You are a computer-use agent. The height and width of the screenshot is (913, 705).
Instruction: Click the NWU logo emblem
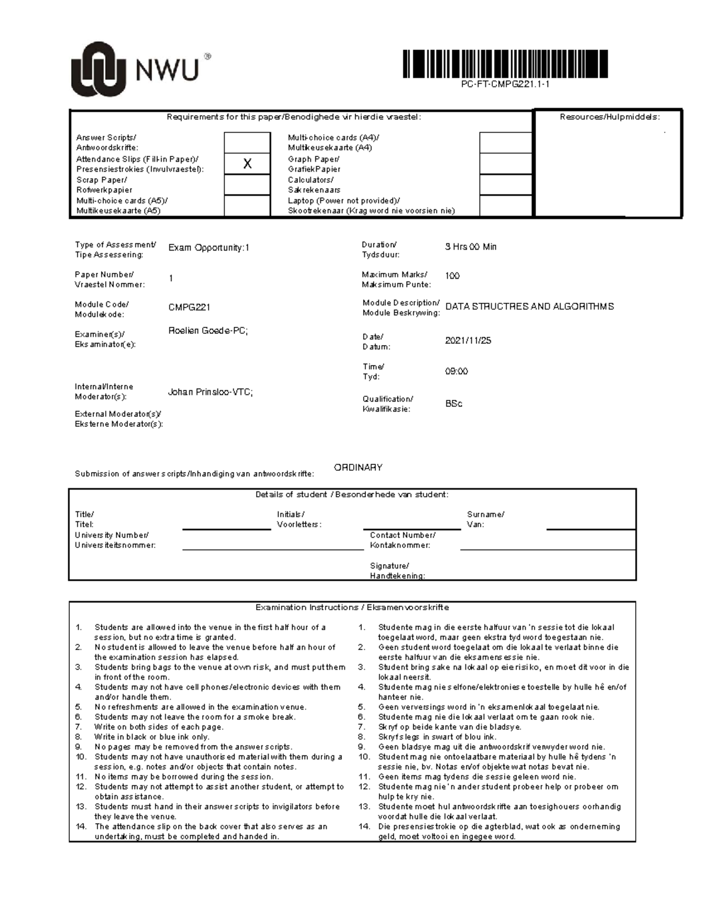click(x=98, y=69)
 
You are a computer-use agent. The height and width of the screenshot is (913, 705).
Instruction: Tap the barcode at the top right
click(x=505, y=64)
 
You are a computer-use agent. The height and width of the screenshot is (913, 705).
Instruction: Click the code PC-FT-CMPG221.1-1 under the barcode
click(x=505, y=85)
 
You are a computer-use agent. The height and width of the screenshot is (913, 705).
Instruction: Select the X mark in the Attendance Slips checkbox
click(x=247, y=164)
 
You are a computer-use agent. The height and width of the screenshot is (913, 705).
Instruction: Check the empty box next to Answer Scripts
click(x=247, y=142)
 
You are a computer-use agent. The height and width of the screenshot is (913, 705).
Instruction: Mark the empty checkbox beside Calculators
click(x=505, y=185)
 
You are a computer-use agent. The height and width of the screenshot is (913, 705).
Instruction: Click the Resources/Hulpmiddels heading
click(x=609, y=117)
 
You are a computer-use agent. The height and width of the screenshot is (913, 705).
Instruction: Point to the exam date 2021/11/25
click(x=468, y=340)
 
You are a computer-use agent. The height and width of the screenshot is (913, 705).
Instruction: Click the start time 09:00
click(x=456, y=372)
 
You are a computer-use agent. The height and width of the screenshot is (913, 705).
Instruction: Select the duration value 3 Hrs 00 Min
click(x=471, y=247)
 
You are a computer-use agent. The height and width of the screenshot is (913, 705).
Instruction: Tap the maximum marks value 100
click(x=452, y=276)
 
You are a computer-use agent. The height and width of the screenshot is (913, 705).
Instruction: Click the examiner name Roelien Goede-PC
click(x=208, y=331)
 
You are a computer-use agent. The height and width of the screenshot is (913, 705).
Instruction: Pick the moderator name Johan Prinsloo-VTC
click(x=210, y=392)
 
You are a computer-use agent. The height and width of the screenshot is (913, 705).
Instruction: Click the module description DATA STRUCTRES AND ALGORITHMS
click(x=529, y=306)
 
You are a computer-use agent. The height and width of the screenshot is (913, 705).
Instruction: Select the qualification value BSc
click(x=454, y=404)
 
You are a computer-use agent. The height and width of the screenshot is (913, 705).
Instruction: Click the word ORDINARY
click(x=358, y=467)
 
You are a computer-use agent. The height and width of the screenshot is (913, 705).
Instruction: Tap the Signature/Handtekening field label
click(x=397, y=571)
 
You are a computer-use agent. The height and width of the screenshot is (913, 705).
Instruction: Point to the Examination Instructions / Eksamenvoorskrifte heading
click(x=352, y=607)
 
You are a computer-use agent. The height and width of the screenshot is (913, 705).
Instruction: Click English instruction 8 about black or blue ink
click(x=152, y=737)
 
